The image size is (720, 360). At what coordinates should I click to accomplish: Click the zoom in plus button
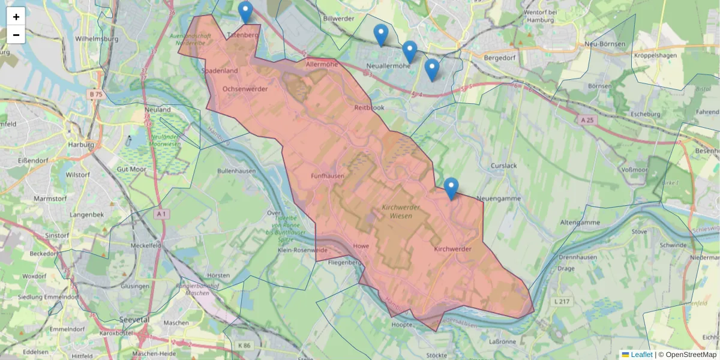16,17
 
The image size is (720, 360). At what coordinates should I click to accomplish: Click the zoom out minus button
16,35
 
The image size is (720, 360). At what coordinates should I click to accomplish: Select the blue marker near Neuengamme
451,188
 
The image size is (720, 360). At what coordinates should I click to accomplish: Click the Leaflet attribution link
641,355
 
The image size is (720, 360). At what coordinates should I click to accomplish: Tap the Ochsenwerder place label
245,89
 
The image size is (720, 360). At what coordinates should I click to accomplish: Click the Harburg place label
82,145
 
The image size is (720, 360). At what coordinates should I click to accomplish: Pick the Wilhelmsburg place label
97,39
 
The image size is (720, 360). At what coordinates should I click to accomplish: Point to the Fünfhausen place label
328,176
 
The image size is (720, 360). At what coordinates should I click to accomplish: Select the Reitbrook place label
369,107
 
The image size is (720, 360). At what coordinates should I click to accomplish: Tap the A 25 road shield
589,120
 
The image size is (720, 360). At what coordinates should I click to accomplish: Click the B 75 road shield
96,94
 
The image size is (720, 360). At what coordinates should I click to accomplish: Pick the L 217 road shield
562,301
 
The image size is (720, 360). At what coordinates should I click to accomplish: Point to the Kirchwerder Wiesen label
400,211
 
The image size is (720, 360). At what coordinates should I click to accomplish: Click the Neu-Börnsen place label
605,44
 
